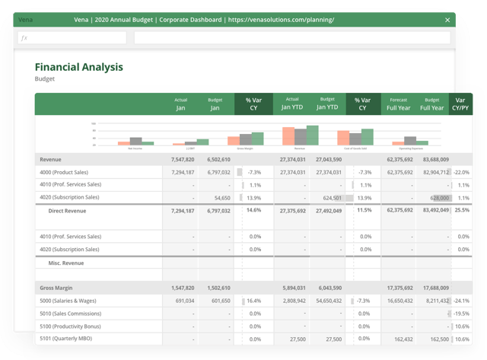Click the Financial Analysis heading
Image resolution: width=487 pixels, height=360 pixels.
pos(78,67)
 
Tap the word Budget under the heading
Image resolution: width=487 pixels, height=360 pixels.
pos(46,78)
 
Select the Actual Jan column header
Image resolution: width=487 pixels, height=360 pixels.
pos(180,104)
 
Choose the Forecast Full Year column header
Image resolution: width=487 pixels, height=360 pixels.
pos(398,104)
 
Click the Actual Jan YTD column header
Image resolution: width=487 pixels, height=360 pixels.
pos(292,104)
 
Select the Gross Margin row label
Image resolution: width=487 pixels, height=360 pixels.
pos(59,289)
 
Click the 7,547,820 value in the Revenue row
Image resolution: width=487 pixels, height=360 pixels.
pos(179,160)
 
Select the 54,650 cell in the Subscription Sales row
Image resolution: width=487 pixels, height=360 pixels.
pos(218,197)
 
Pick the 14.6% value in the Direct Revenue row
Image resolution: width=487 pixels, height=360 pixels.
pos(253,210)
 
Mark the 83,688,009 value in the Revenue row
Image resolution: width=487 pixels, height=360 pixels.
pos(434,160)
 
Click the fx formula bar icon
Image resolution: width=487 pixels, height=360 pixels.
pos(25,37)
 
